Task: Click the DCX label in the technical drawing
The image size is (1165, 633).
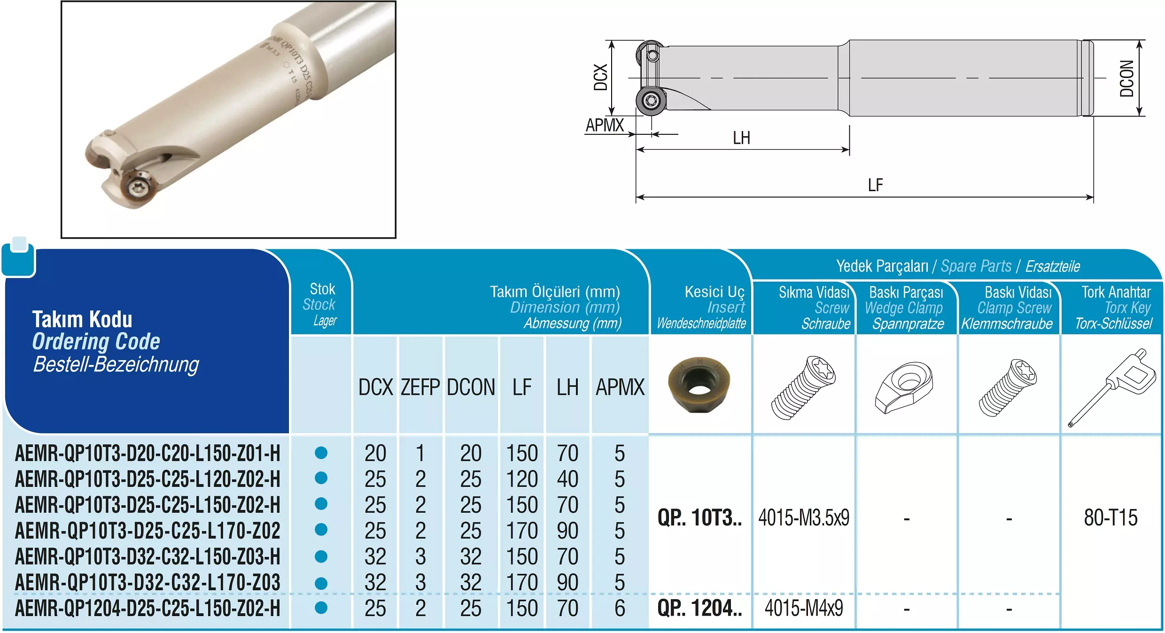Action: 601,77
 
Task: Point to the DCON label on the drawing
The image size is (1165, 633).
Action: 1127,78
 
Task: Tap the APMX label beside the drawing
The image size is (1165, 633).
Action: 605,125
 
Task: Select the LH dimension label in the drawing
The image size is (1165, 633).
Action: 742,138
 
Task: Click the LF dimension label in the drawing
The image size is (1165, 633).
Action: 875,185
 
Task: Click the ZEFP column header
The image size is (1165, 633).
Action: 420,387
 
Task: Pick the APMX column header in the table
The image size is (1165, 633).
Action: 620,387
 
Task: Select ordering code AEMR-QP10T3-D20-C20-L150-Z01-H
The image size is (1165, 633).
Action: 148,454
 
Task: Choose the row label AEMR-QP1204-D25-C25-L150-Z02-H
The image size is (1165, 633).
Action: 148,609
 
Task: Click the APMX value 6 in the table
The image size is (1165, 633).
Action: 620,609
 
